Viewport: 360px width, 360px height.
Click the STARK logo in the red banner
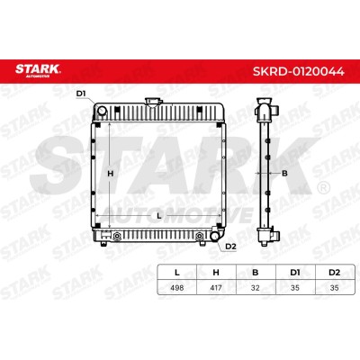point(38,70)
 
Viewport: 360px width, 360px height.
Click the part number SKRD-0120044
point(298,71)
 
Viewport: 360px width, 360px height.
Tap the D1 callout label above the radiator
point(81,94)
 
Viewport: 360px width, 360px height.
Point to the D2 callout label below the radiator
point(230,247)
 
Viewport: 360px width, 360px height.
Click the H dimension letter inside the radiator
point(111,174)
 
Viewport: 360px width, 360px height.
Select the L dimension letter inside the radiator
point(159,215)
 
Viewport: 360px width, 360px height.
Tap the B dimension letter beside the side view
point(284,174)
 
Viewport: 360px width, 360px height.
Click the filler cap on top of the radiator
point(153,102)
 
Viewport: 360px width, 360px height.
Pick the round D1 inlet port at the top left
point(102,111)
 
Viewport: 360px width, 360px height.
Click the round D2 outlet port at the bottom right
point(215,236)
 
